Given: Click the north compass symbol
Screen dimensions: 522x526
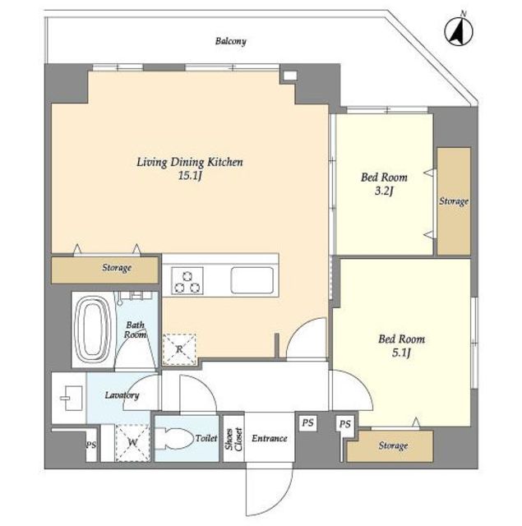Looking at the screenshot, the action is [459, 31].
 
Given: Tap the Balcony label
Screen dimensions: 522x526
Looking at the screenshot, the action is [231, 41].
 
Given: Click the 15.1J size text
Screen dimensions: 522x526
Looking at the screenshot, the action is [190, 175].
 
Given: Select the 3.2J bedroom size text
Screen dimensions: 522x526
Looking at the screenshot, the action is [384, 191].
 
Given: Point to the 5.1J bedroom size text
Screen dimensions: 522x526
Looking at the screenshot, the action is [401, 353].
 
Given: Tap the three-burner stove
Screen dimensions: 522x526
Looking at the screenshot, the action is [187, 281].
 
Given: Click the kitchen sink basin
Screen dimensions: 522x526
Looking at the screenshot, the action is [252, 280].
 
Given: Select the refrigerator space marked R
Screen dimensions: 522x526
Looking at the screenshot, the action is [179, 349].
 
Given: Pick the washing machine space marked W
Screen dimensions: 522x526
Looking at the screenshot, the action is [133, 442].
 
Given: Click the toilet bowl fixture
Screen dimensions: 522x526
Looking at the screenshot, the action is [174, 438].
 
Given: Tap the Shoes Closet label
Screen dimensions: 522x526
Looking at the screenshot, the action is [233, 439].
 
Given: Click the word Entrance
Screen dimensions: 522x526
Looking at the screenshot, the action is [270, 438].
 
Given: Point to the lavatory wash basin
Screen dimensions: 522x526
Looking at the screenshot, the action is [72, 398].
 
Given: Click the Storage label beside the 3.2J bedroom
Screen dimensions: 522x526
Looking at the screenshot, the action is [454, 201].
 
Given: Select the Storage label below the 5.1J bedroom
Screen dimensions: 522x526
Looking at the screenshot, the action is [393, 445].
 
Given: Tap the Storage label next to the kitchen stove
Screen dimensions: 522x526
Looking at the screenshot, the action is [117, 268].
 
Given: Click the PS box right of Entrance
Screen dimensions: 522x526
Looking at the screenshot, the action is [307, 422].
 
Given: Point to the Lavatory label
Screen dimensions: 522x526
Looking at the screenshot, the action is [122, 395].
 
